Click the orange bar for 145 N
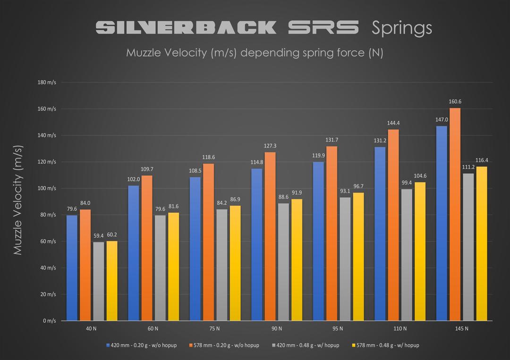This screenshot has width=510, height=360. coord(455,215)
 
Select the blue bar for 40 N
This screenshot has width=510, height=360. coord(72,268)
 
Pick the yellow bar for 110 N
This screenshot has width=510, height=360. coord(418,251)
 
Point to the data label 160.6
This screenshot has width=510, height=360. coord(455,102)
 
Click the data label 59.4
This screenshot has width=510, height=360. coord(98,236)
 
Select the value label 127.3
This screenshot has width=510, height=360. coord(270,146)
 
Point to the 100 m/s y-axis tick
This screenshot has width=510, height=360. coord(47,188)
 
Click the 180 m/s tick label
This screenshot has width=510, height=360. coord(47,83)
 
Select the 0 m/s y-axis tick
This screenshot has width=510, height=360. coord(50,321)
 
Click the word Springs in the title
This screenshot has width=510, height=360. coord(401,28)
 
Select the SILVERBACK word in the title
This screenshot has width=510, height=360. coord(186,27)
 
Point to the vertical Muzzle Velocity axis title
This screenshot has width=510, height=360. coord(18,201)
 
